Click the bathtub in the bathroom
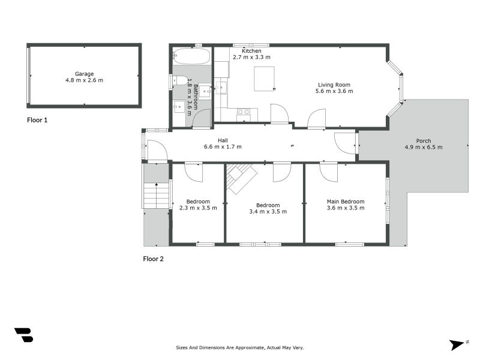pos(191,57)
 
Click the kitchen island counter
pos(265,79)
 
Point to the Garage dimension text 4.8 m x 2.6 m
pos(84,80)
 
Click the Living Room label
pos(334,85)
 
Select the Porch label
pos(423,141)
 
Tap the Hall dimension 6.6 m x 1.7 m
pos(223,146)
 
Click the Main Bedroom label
pos(345,202)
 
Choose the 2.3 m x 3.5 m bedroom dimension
pos(198,208)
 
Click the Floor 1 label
pos(37,120)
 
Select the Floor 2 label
pos(153,259)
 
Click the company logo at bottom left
pos(23,335)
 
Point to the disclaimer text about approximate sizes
pos(239,347)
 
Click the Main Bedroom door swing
pos(329,172)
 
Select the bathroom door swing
pos(202,118)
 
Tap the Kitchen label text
pos(251,51)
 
